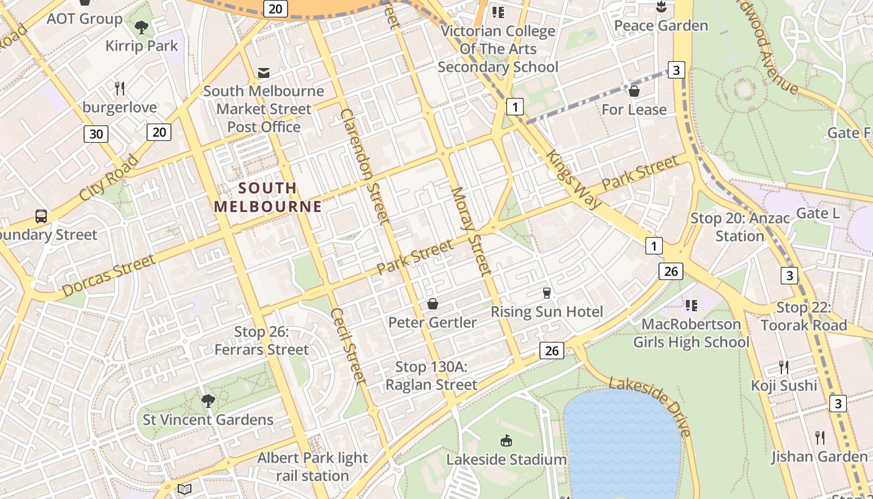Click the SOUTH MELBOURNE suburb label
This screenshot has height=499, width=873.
click(268, 197)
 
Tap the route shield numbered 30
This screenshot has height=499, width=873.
click(96, 134)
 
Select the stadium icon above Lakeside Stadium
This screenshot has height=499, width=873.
click(506, 440)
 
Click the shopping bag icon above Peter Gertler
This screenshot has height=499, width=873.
click(432, 304)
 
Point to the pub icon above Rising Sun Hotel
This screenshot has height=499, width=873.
click(547, 293)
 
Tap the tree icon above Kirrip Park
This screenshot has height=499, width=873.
click(142, 27)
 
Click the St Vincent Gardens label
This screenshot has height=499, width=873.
click(208, 420)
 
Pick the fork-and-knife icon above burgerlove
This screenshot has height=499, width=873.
click(120, 88)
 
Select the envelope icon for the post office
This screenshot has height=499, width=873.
click(264, 73)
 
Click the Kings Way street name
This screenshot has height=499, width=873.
click(574, 179)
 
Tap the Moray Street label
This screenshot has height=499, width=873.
click(471, 231)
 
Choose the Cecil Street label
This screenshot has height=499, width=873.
click(347, 345)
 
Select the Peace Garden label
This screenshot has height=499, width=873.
click(661, 26)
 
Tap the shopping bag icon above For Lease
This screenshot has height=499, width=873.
click(634, 92)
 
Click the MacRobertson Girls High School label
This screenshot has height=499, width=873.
click(691, 333)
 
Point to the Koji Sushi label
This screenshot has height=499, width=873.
click(784, 385)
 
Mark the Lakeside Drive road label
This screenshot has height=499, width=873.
click(650, 406)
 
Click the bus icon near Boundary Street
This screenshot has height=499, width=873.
click(41, 216)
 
